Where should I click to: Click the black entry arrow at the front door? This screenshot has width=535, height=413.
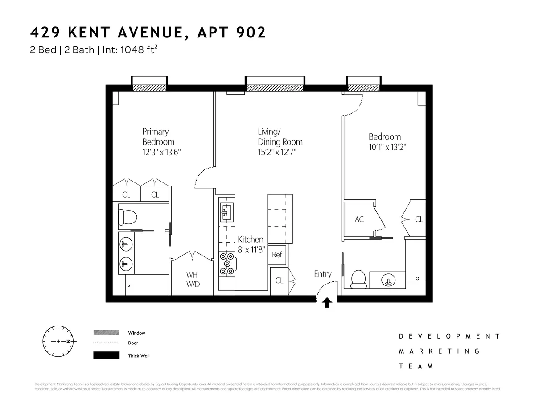(x=327, y=303)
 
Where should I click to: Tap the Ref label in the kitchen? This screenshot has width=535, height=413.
(x=277, y=255)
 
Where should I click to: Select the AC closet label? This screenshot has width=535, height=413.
(x=359, y=219)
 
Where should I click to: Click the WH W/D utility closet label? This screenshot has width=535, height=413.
(x=193, y=279)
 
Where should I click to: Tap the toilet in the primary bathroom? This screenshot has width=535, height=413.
(x=128, y=217)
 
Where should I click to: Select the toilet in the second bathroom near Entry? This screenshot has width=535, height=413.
(x=359, y=278)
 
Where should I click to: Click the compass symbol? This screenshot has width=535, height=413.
(x=59, y=342)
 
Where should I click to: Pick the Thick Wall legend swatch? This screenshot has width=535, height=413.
(x=106, y=355)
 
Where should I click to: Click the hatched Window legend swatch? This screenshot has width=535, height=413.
(x=106, y=333)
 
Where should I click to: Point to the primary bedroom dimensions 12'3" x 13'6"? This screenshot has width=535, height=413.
(x=161, y=152)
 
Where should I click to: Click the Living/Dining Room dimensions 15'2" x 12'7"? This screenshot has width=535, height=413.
(x=277, y=152)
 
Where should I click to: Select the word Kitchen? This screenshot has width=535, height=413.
(x=250, y=240)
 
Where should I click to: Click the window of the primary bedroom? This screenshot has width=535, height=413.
(x=149, y=88)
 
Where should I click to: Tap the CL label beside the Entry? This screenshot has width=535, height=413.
(x=279, y=281)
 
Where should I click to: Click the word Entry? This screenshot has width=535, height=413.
(x=322, y=274)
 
